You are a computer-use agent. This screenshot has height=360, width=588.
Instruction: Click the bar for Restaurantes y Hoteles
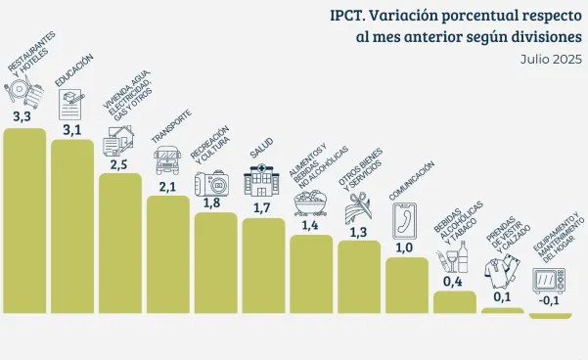point(24,220)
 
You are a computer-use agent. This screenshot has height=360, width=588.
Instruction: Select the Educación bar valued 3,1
point(72,226)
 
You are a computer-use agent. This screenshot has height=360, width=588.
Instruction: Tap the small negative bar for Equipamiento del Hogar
point(550,316)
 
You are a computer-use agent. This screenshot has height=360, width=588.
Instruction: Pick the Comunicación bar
point(407,285)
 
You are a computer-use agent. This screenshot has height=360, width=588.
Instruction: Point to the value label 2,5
point(119,164)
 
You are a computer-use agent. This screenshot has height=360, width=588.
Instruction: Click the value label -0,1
point(549,300)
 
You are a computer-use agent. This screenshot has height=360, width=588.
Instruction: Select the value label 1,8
point(211,202)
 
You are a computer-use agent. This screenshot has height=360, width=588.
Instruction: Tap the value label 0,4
point(453,282)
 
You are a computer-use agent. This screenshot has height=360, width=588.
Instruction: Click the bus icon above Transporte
point(167,160)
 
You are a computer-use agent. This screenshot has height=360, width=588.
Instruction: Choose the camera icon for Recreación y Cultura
point(212,183)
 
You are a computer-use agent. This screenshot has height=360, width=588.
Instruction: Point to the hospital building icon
point(261,181)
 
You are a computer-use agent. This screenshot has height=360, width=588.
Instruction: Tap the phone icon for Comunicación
point(404,221)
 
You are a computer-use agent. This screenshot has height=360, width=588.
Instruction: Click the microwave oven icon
point(549,281)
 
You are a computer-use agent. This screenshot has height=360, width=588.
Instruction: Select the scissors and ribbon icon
point(358,208)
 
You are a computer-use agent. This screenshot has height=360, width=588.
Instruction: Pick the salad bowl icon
point(310,202)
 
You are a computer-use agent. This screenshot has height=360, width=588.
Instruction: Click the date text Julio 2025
point(551,60)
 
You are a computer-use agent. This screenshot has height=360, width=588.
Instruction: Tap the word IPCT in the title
point(347,16)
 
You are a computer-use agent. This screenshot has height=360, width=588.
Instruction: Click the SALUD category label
point(262,148)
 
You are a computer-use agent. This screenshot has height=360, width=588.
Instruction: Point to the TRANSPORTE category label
point(171,126)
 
